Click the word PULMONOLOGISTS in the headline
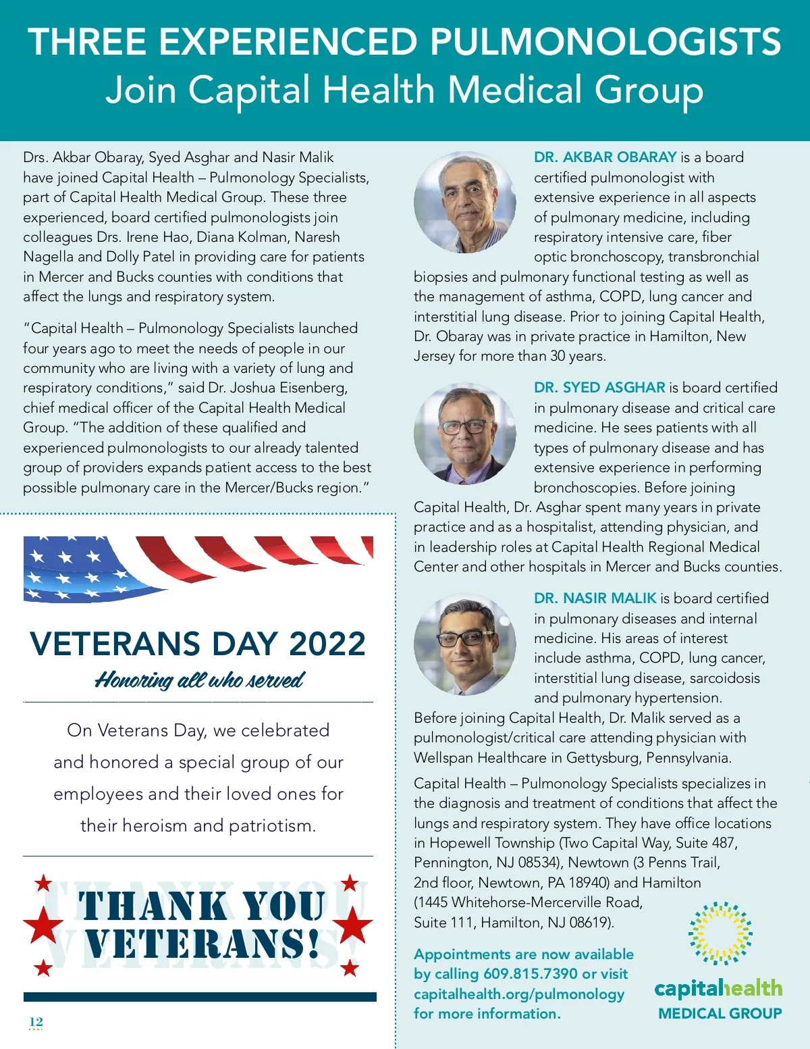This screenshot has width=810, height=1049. point(605,42)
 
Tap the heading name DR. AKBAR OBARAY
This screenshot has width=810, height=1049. point(605,157)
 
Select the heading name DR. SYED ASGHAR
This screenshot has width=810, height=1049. point(599,388)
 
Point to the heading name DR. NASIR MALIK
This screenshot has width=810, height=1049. point(595,598)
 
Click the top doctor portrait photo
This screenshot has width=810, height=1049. point(464,203)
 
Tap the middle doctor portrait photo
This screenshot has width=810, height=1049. point(464,434)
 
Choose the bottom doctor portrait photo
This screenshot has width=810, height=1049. point(464,645)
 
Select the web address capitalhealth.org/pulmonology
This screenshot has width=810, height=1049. point(519,994)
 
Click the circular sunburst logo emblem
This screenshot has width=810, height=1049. point(720,933)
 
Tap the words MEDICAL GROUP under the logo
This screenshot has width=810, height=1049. point(720,1014)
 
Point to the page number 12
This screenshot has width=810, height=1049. point(36,1021)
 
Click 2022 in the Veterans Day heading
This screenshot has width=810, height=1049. point(327,644)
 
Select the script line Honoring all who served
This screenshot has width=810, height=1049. point(199,680)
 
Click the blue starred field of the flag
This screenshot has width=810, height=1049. point(74,569)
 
